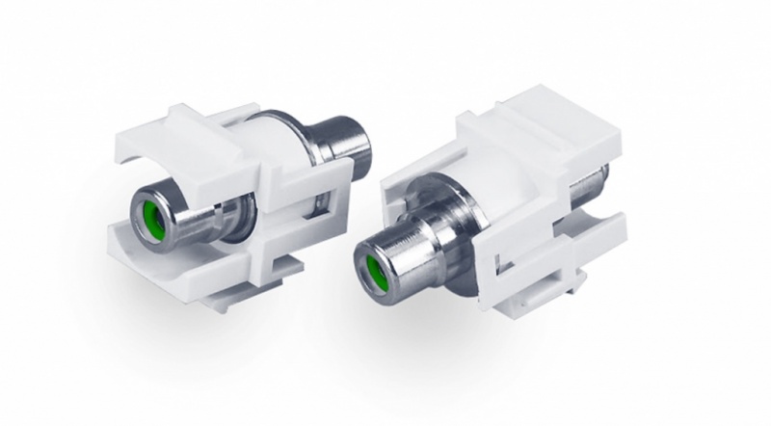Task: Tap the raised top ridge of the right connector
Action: coord(525,116)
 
